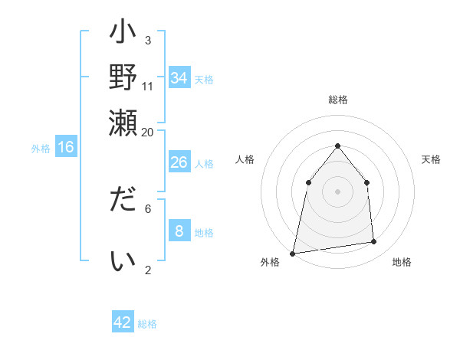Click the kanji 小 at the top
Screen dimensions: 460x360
(123, 35)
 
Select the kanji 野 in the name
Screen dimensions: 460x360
(123, 77)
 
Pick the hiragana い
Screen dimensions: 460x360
(123, 261)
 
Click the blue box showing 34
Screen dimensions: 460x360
(179, 78)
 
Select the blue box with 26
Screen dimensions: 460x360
(179, 162)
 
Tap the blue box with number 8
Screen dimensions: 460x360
(179, 231)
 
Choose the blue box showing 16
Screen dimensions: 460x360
(66, 148)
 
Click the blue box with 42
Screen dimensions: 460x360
(123, 322)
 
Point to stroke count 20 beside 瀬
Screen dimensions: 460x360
(147, 132)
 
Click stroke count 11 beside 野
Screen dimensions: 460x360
(148, 86)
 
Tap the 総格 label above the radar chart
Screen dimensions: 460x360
(338, 100)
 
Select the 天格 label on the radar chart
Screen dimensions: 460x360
(431, 159)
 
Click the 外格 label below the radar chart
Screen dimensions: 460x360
(270, 263)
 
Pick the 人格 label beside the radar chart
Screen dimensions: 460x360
(245, 159)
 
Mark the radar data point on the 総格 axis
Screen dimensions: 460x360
(338, 146)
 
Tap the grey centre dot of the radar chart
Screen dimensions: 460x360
(338, 191)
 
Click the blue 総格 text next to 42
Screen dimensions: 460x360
(147, 324)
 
